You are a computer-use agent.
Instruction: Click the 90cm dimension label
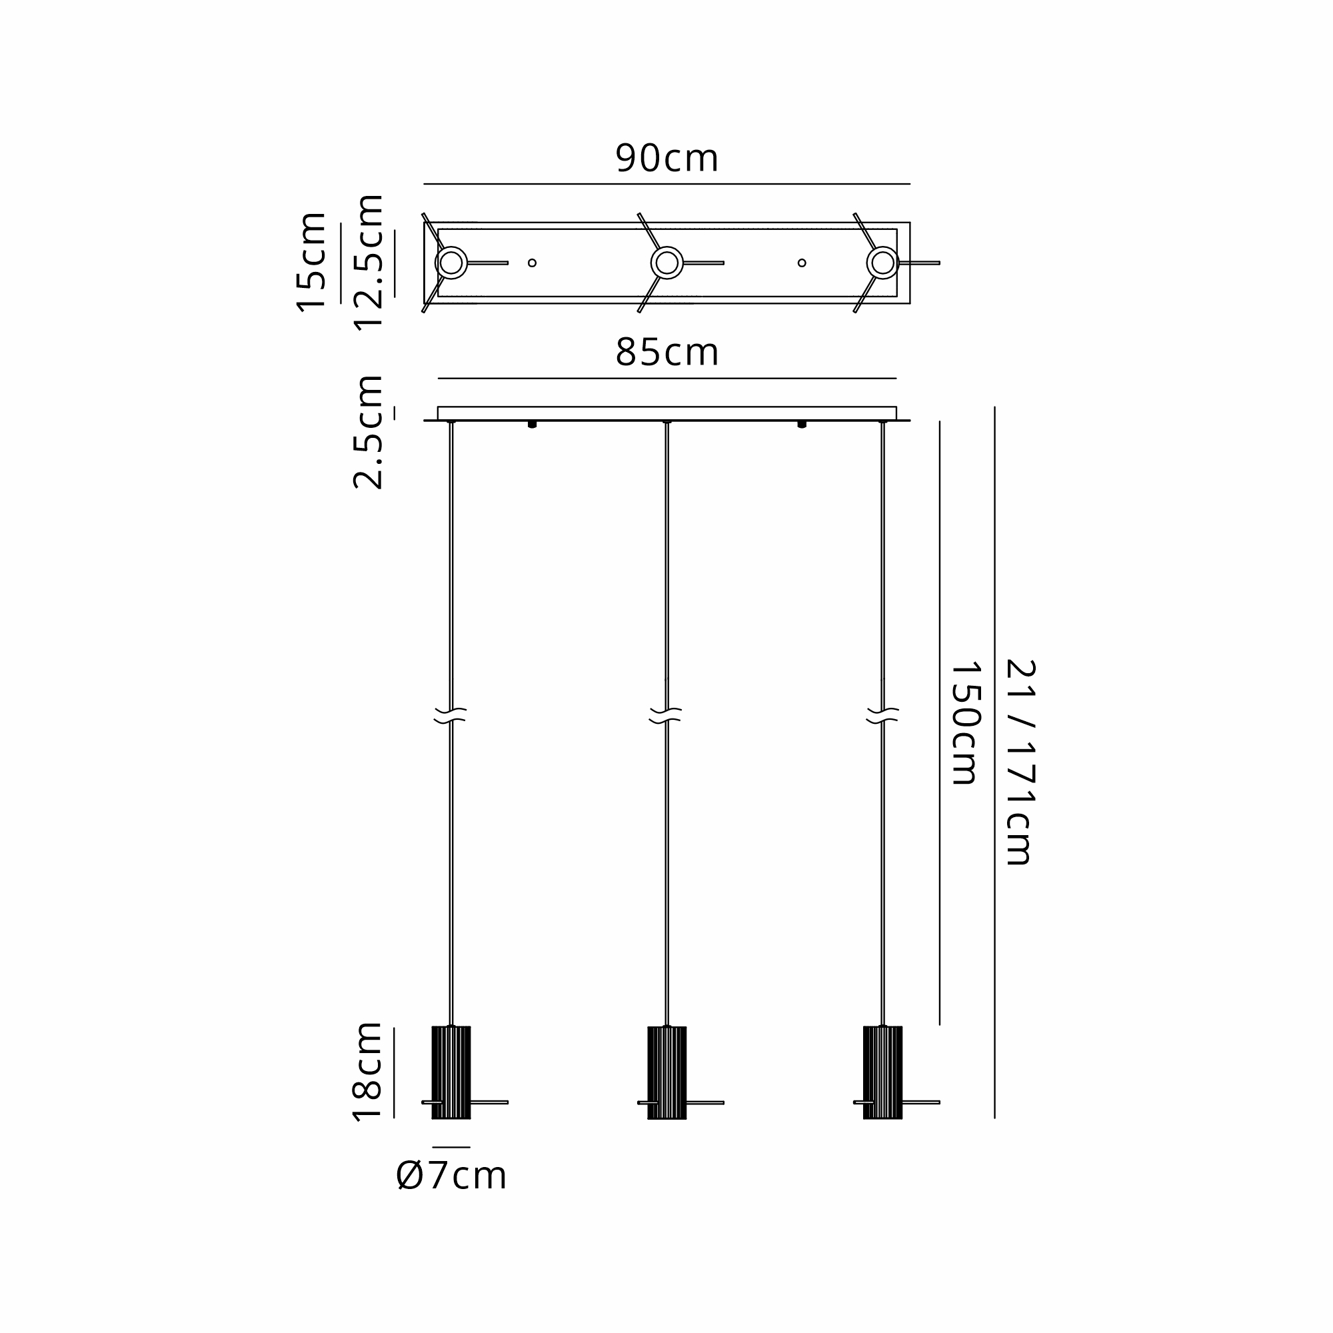pyautogui.click(x=666, y=158)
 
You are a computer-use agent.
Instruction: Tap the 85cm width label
pyautogui.click(x=666, y=353)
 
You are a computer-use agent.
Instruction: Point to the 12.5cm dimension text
pyautogui.click(x=369, y=263)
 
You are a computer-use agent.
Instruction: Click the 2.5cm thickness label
pyautogui.click(x=369, y=433)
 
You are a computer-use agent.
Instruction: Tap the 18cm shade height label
pyautogui.click(x=369, y=1072)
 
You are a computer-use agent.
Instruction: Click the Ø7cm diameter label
pyautogui.click(x=452, y=1176)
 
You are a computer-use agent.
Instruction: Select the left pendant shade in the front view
pyautogui.click(x=451, y=1072)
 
